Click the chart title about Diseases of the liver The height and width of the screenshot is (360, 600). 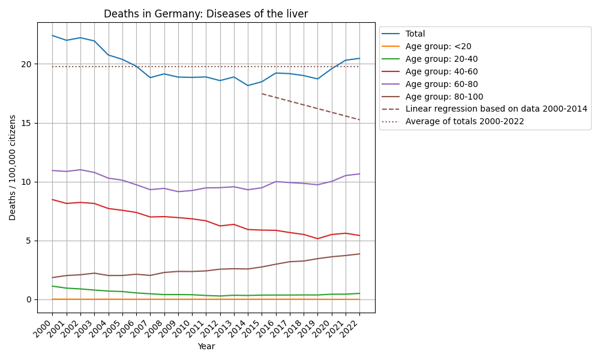[x=206, y=14]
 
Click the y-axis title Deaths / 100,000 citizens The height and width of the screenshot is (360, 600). [x=13, y=167]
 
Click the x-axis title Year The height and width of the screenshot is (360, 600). [x=206, y=346]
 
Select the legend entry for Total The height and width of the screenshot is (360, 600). [x=415, y=34]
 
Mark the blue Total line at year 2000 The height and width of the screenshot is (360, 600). [x=52, y=35]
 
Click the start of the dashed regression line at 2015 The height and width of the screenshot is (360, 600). [x=262, y=94]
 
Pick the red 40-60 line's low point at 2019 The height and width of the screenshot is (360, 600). [x=317, y=239]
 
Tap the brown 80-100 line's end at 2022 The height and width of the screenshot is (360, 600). [x=359, y=254]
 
